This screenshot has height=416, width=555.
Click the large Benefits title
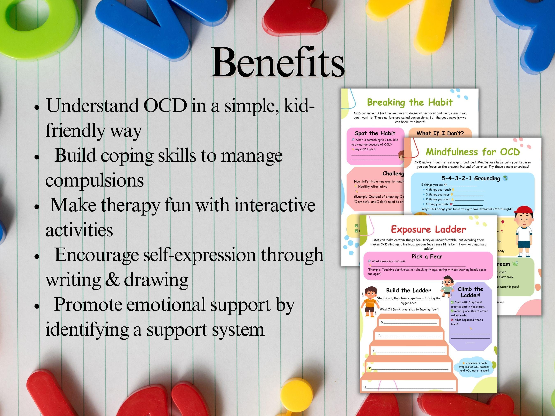click(x=278, y=63)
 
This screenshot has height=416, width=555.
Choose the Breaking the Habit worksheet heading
click(x=409, y=102)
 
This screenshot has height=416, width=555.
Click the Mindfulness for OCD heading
click(x=472, y=152)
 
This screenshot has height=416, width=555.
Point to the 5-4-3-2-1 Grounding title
click(x=471, y=178)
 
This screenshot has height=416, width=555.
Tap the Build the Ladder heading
click(x=408, y=290)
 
